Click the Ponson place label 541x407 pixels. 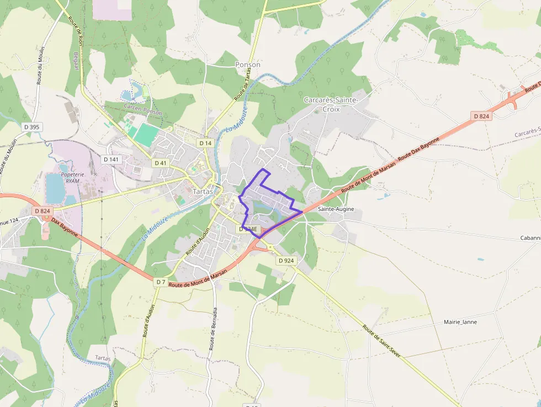pos(247,65)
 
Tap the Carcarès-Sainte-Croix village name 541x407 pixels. pos(331,104)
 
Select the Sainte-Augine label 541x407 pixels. pos(336,209)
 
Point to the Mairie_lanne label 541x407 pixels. pos(460,322)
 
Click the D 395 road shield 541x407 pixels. pos(32,127)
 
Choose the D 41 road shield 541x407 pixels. pos(161,163)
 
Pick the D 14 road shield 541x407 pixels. pos(205,143)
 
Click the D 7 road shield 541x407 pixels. pos(160,282)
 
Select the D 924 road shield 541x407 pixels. pos(287,260)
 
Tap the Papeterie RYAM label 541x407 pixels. pos(72,177)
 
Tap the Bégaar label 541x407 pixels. pos(75,55)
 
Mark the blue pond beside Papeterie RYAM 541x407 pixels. pos(55,188)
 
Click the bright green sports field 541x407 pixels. pos(146,135)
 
